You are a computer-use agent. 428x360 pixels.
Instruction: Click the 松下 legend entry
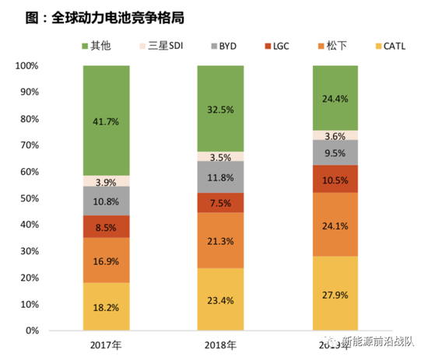click(331, 46)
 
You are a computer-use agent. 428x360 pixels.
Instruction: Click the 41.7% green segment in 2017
click(106, 121)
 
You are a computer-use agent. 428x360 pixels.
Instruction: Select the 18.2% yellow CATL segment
click(106, 306)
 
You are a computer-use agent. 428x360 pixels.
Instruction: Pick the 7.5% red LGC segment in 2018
click(220, 202)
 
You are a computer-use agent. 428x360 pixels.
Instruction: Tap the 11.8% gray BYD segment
click(220, 177)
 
